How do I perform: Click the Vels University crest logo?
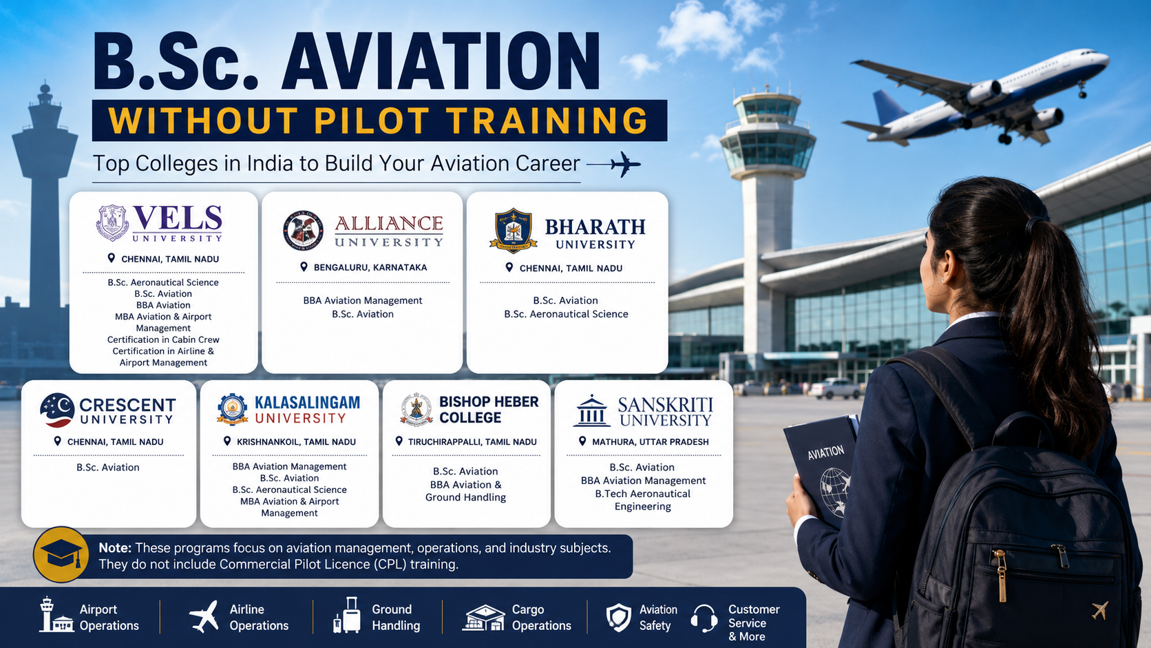point(112,222)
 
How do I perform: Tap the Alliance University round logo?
point(303,230)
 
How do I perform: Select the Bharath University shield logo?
point(514,231)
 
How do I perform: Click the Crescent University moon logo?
point(57,410)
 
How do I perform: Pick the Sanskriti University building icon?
point(592,410)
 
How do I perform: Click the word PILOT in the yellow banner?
point(371,121)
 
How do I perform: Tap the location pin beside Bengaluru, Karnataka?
point(304,267)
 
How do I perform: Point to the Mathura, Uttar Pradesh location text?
point(650,442)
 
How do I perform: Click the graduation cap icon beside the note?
point(61,554)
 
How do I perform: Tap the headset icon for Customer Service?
point(704,618)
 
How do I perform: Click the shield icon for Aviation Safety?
point(619,617)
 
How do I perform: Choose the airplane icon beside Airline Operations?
point(204,616)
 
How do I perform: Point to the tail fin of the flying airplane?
point(889,107)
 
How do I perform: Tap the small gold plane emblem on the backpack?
point(1099,610)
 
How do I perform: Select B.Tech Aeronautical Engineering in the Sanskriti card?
point(643,500)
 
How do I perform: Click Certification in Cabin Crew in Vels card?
point(163,339)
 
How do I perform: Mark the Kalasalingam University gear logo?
point(232,410)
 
